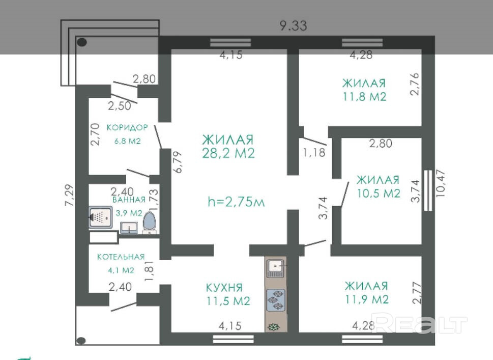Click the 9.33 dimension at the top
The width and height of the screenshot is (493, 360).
tap(294, 25)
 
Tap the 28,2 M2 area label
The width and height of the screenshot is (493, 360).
tap(228, 153)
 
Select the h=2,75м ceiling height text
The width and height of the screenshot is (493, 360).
tap(236, 202)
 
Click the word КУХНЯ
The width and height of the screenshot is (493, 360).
tap(224, 288)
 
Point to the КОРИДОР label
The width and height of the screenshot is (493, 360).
tap(127, 127)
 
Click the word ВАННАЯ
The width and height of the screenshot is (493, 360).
tap(129, 200)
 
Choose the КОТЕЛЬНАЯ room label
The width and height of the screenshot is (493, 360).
tap(121, 257)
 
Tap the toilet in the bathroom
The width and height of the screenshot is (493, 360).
tap(150, 223)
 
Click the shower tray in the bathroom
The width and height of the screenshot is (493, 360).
tap(100, 217)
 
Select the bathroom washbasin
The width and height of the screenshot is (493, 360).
tap(129, 228)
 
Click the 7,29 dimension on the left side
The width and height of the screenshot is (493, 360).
tap(70, 195)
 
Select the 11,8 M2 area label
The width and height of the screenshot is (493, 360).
tap(364, 96)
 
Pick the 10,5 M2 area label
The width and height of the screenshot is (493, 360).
tap(379, 193)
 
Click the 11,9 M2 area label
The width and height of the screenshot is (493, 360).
tap(367, 299)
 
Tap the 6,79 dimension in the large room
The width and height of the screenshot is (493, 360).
tap(178, 162)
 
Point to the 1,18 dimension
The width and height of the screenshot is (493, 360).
tap(314, 153)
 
